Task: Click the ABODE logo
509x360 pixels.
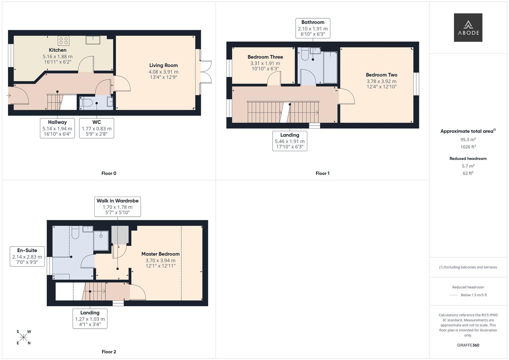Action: [x=468, y=27]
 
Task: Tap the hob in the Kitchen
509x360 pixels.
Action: [x=63, y=41]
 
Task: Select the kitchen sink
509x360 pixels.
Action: [x=93, y=40]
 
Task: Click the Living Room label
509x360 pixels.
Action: [x=163, y=65]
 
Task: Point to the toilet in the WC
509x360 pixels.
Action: [x=85, y=103]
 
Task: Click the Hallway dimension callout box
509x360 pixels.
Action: [x=57, y=128]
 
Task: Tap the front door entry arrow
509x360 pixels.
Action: [x=8, y=96]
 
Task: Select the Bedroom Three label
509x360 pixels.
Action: [x=265, y=57]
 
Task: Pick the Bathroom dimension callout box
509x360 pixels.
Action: [x=313, y=28]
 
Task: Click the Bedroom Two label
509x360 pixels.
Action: [x=381, y=75]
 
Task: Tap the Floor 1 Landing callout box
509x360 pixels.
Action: [x=290, y=141]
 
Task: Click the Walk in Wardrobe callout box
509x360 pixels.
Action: [x=117, y=207]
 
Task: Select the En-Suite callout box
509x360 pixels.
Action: [x=27, y=256]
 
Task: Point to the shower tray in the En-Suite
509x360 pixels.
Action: [x=101, y=240]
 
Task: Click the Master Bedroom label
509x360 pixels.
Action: [x=160, y=254]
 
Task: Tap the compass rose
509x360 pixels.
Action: [x=23, y=337]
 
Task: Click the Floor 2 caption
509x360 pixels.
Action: [x=109, y=352]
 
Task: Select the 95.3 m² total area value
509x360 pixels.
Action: [x=468, y=140]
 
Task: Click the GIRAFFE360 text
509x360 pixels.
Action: [x=468, y=345]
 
